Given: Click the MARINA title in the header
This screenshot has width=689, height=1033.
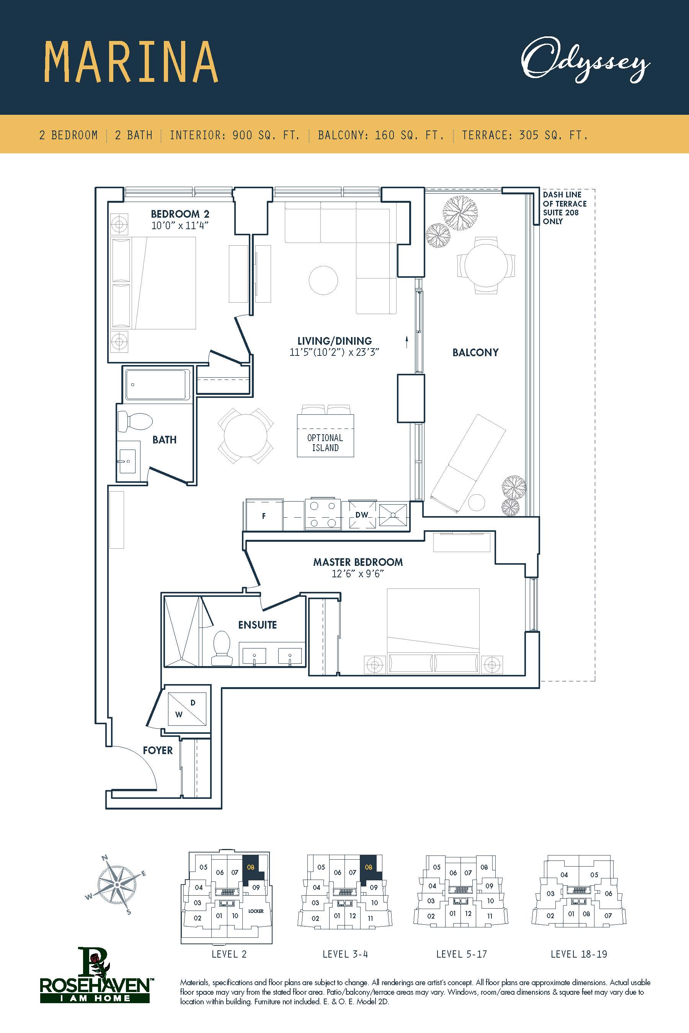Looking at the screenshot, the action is pos(131,62).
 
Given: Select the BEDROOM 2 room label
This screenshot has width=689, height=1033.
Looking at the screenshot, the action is pos(180,214).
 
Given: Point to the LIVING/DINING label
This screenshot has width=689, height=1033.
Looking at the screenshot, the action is pos(335,341).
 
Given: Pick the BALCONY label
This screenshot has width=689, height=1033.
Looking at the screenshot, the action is pos(475,352).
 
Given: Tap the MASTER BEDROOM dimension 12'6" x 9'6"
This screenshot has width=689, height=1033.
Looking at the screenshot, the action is pos(358,574).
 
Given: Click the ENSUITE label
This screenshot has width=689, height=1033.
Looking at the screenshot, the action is pos(258,624).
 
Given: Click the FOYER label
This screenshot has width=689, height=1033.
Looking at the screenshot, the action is pos(158,750).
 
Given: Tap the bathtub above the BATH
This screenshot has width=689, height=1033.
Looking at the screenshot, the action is pos(158,384).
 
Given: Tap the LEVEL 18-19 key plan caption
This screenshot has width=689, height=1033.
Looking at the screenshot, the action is pos(579,954).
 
